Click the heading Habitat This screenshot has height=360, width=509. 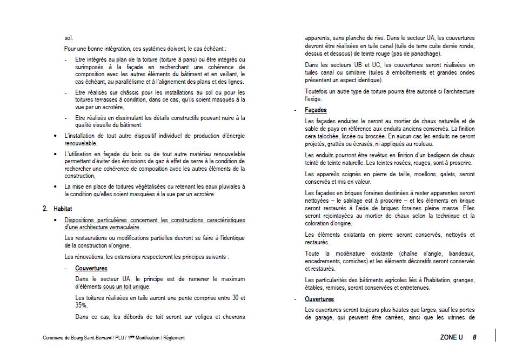(63, 209)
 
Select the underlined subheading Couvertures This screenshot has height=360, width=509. (91, 268)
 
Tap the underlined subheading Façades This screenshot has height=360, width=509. (316, 110)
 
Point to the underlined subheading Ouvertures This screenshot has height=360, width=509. (319, 299)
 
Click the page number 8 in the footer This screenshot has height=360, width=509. (474, 337)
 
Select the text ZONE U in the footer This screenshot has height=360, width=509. (451, 337)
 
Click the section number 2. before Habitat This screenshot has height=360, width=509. (45, 209)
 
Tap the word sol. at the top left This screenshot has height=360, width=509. (69, 38)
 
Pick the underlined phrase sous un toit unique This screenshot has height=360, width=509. (126, 286)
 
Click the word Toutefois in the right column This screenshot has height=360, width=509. (318, 91)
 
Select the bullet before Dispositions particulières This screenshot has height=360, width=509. (56, 220)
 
